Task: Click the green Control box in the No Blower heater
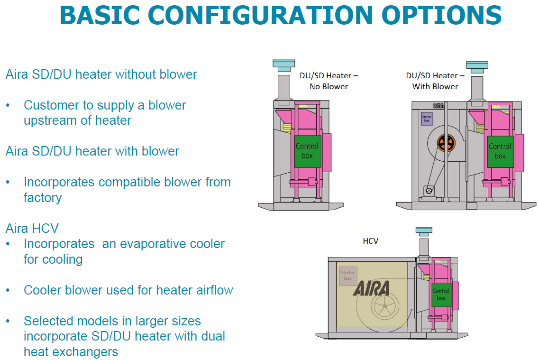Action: click(307, 151)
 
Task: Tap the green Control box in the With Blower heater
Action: click(500, 151)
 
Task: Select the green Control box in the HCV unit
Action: click(441, 294)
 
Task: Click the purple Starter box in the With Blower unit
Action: click(427, 119)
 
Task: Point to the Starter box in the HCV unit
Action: click(348, 276)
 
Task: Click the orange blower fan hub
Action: click(446, 143)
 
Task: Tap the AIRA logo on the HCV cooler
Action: click(371, 288)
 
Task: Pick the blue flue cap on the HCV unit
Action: click(424, 231)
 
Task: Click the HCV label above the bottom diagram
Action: click(370, 241)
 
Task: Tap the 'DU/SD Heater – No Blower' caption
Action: click(328, 81)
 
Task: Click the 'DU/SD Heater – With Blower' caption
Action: click(435, 81)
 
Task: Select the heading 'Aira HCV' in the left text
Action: click(32, 228)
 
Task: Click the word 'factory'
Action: click(43, 197)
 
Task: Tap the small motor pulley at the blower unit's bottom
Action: click(429, 191)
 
